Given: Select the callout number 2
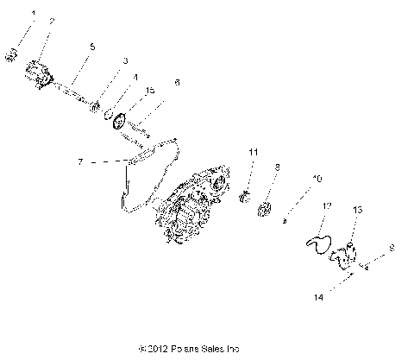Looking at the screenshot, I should pos(51,21).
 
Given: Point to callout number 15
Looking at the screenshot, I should pos(149,91).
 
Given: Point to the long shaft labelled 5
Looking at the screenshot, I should pos(73,91).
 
